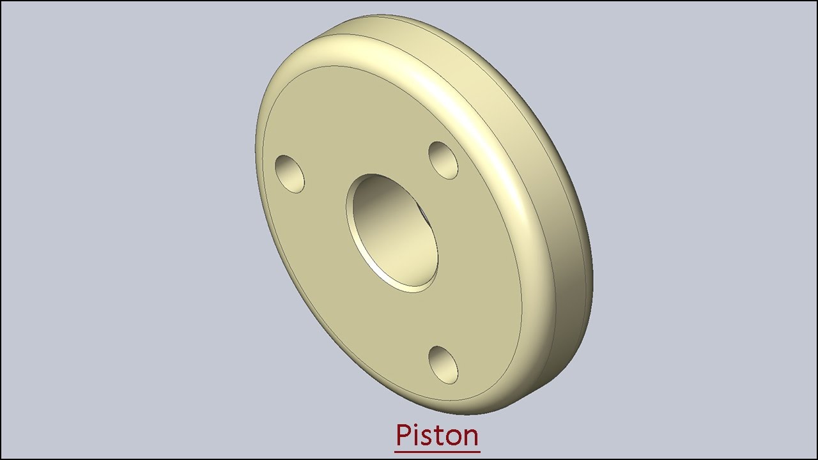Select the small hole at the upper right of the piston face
click(x=443, y=160)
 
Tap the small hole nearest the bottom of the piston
click(x=443, y=365)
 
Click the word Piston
click(x=437, y=435)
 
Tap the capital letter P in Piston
click(x=403, y=435)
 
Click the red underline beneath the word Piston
click(x=437, y=452)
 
